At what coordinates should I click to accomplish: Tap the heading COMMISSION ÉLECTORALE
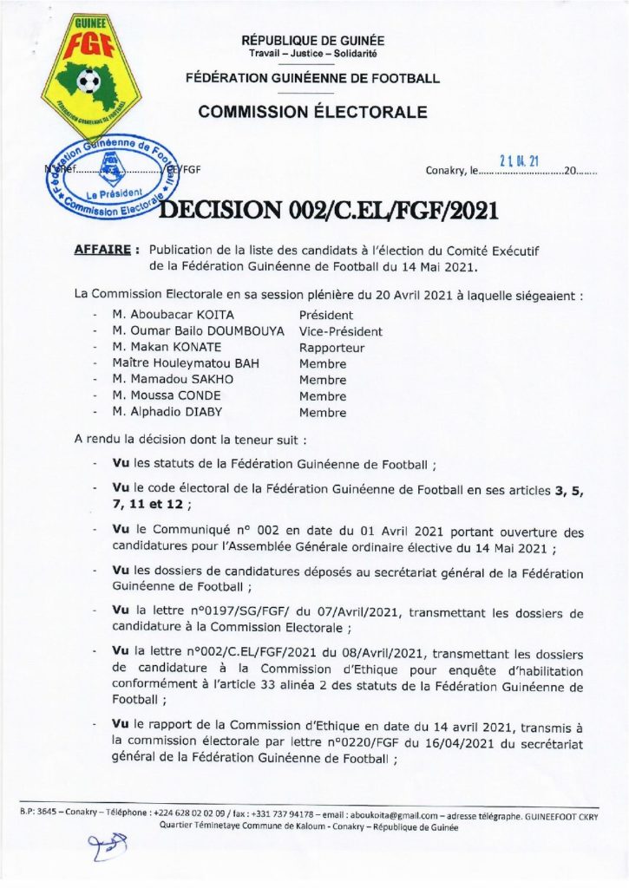312,112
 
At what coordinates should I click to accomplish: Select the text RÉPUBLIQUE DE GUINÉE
313,41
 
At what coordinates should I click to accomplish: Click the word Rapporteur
331,348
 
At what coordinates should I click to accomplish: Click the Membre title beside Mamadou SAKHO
322,380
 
